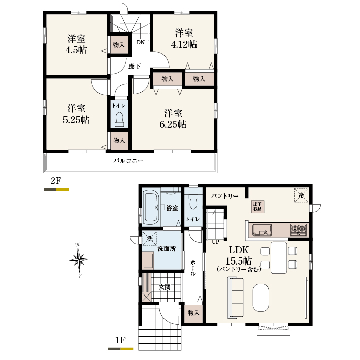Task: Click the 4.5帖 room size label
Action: coord(76,50)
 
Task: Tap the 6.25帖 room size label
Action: coord(173,124)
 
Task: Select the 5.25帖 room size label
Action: coord(76,120)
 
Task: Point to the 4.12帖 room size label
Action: coord(184,44)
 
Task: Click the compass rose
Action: coord(79,260)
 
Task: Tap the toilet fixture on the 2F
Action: coord(119,119)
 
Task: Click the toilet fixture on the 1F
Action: coord(193,202)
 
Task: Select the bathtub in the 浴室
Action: coord(151,208)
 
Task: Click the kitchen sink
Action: coord(262,230)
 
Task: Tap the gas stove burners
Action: coord(299,230)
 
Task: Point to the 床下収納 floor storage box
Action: coord(257,206)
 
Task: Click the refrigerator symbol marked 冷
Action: coord(301,195)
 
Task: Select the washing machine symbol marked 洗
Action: coord(150,239)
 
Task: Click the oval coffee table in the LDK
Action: coord(260,298)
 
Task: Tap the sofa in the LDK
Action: coord(235,298)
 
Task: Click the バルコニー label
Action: coord(128,161)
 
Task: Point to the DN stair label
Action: coord(141,42)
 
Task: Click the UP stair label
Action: coord(215,242)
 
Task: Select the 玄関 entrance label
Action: coord(165,287)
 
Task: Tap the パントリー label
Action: coord(225,196)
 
